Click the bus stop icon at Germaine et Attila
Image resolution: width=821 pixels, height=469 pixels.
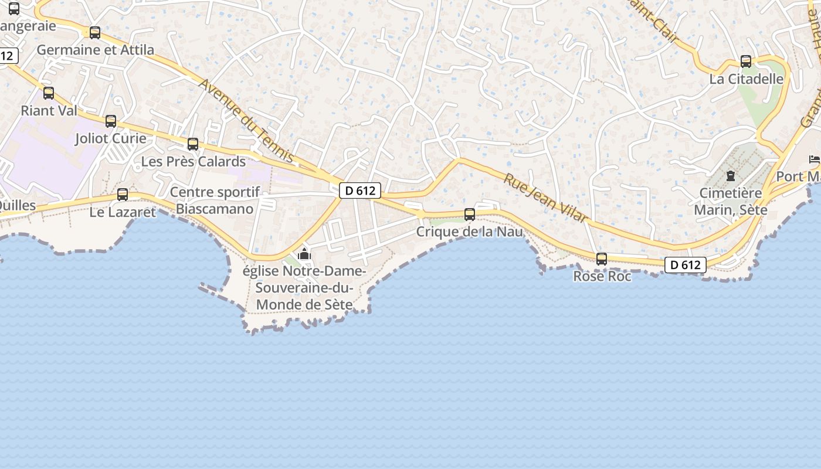95,33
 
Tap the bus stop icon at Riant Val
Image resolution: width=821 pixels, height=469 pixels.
49,93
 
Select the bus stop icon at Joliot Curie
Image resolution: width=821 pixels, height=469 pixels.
111,121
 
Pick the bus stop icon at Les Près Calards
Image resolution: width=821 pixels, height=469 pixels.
193,144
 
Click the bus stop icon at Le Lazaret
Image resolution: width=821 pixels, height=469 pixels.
123,195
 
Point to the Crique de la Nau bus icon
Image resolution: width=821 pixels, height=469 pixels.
470,215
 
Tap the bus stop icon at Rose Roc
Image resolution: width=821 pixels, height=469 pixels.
602,259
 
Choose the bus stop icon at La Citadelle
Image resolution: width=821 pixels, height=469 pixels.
746,62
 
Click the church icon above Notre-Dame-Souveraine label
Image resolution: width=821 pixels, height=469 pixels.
304,254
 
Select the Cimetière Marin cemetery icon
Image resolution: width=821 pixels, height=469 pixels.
731,175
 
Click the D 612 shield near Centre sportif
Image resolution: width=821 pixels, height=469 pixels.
360,190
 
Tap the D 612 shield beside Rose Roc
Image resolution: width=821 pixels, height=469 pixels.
686,265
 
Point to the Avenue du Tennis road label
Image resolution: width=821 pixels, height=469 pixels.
246,120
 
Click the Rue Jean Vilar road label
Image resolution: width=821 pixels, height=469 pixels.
545,198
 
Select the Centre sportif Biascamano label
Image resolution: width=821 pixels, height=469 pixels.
215,200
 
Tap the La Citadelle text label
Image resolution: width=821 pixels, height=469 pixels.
747,79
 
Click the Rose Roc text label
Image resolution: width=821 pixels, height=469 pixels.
602,276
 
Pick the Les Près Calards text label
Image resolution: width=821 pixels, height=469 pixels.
194,161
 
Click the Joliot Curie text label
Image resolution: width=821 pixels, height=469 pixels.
111,139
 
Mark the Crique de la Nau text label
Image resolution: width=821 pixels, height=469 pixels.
469,232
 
